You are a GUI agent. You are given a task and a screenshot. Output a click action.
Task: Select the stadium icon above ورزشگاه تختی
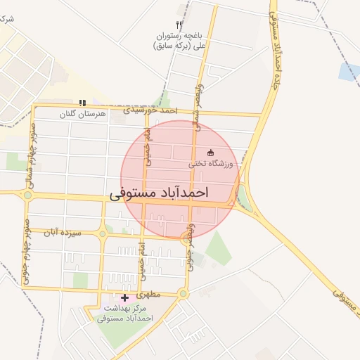coord(210,153)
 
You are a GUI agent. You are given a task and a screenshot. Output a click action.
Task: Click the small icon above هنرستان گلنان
coord(83,103)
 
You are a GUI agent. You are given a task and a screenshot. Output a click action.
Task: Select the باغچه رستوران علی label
coord(180,39)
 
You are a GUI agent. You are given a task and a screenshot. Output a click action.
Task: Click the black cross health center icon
coord(125,298)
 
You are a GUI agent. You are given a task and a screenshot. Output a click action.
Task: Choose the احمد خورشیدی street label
coord(149,110)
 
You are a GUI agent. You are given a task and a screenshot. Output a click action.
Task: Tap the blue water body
coord(349,71)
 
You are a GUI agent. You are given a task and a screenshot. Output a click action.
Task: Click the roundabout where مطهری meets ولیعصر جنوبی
coord(184,293)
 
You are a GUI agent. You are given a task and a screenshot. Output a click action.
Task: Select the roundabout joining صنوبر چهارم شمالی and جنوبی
coord(27,194)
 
